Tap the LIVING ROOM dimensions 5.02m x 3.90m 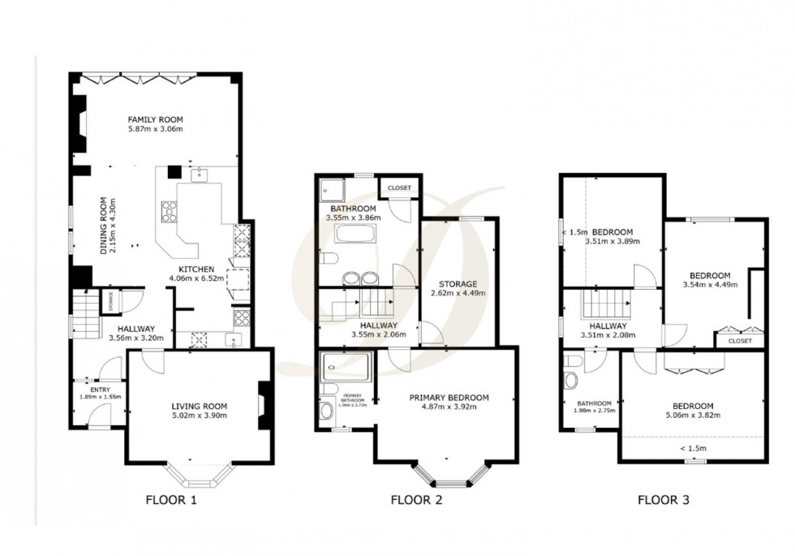[199, 416]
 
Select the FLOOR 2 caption [416, 501]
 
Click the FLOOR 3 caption [663, 501]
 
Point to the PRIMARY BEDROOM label [449, 397]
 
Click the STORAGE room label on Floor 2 [459, 283]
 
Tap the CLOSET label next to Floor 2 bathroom [400, 188]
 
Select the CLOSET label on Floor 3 [740, 341]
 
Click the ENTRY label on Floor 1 [100, 390]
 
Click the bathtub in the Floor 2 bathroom [355, 236]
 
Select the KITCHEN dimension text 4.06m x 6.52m [191, 279]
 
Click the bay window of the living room [199, 473]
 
